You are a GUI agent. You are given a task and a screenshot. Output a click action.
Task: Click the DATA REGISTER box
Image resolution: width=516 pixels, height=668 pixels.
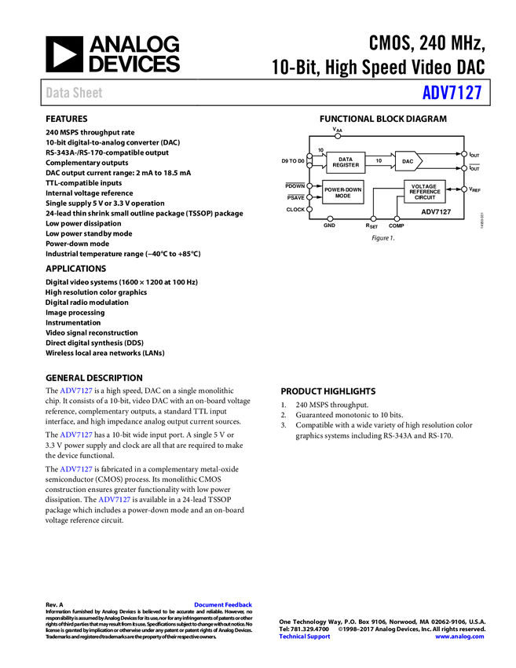pos(346,162)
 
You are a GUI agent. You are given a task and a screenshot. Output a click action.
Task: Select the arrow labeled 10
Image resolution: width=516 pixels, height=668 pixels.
pos(380,160)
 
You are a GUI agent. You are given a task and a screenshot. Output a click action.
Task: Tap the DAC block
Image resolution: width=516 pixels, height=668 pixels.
pos(408,161)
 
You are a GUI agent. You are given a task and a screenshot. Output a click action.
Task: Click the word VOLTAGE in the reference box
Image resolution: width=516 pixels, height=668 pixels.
pos(424,186)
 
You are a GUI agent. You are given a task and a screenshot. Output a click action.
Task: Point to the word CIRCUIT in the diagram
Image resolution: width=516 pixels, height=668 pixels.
pos(425,197)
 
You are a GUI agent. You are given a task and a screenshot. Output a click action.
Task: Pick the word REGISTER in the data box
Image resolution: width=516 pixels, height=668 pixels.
pos(346,165)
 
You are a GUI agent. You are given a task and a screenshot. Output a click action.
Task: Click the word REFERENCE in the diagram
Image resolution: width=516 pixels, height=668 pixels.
pos(425,192)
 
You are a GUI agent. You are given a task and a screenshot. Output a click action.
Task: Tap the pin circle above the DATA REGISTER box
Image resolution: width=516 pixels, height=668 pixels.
pos(338,136)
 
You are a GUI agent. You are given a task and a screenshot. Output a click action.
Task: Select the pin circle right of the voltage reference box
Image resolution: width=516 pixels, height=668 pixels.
pos(464,189)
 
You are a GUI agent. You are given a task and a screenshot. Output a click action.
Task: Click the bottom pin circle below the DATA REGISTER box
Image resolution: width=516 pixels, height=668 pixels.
pos(330,218)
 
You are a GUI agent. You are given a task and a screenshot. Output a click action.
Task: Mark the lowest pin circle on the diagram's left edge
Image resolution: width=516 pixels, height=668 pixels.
pos(309,209)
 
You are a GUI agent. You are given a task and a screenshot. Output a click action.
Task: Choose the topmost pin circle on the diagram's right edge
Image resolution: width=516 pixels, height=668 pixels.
pos(464,154)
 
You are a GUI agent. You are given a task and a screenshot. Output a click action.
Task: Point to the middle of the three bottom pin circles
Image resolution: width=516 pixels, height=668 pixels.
pos(374,218)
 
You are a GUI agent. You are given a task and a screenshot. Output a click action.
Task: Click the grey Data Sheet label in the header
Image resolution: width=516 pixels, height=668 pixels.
pos(75,93)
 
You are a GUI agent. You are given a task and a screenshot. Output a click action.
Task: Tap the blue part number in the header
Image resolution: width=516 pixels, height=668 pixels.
pos(452,93)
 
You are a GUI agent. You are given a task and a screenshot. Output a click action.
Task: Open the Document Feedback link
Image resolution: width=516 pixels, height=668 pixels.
pos(224,605)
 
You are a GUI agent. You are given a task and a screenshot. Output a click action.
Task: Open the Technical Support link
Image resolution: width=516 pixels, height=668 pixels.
pos(305,637)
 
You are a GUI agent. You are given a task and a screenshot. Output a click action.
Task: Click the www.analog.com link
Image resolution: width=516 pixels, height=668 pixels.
pos(459,637)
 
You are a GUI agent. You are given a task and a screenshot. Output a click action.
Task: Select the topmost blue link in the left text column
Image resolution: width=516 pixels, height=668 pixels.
pos(76,391)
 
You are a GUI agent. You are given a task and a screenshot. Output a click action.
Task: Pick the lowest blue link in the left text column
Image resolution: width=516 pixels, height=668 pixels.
pos(115,499)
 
